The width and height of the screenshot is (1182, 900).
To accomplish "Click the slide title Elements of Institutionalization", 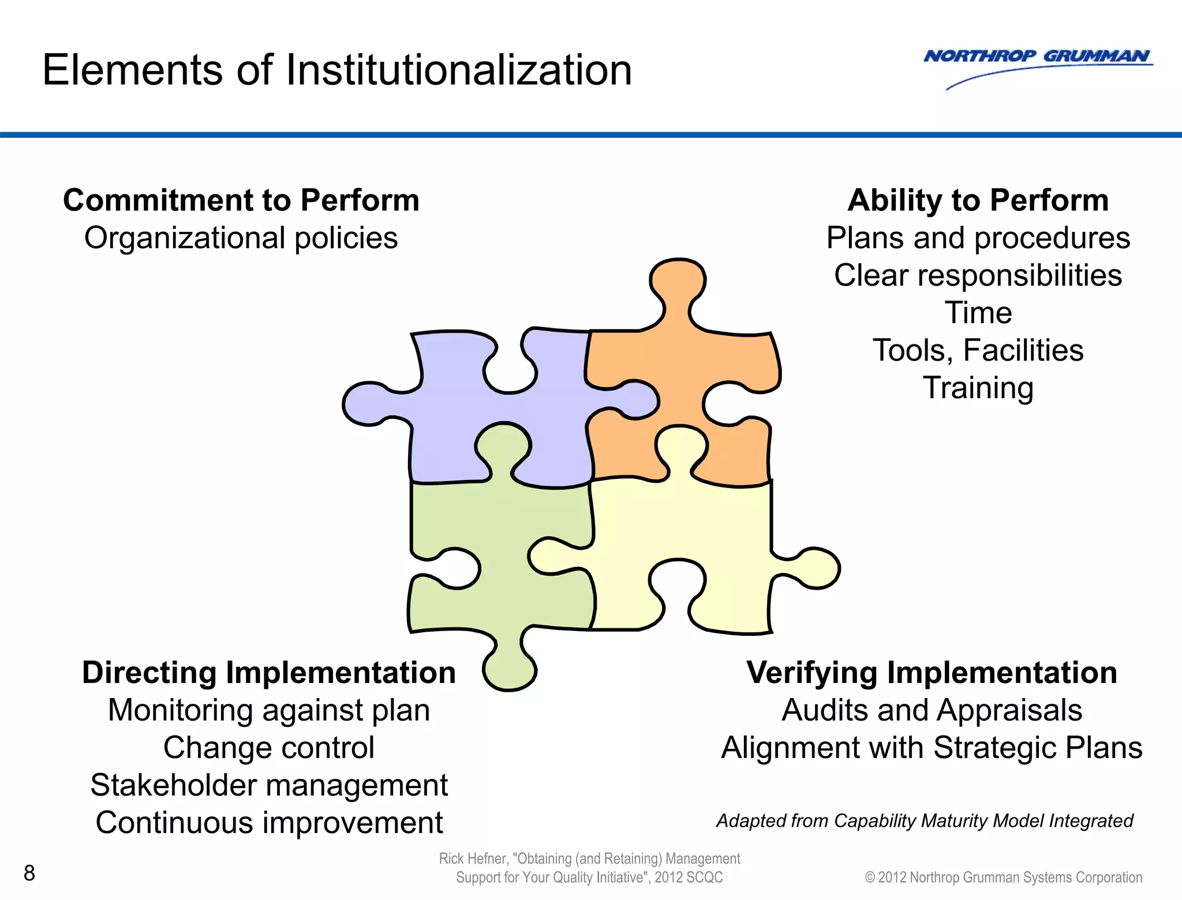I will click(337, 70).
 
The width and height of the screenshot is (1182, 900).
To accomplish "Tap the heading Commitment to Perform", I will click(241, 200).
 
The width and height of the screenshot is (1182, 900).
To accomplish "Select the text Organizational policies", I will click(241, 238).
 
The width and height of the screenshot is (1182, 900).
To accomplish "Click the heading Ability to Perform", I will click(978, 200).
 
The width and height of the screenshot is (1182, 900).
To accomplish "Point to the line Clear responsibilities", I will click(978, 275).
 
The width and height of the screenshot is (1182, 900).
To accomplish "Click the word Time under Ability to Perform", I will click(978, 313).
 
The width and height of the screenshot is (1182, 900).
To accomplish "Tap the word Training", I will click(978, 388).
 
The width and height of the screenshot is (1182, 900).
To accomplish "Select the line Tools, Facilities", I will click(978, 350).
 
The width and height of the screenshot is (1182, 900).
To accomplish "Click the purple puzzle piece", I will click(450, 415).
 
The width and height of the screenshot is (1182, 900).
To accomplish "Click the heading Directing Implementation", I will click(269, 673).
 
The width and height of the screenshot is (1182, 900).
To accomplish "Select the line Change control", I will click(269, 748).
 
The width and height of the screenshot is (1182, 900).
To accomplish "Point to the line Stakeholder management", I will click(269, 785).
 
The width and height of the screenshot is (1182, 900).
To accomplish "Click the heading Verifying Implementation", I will click(932, 673).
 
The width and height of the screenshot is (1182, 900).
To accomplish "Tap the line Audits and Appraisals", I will click(932, 710).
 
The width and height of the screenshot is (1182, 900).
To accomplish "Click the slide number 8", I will click(29, 873).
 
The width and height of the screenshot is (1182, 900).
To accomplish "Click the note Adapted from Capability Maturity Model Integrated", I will click(925, 820).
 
